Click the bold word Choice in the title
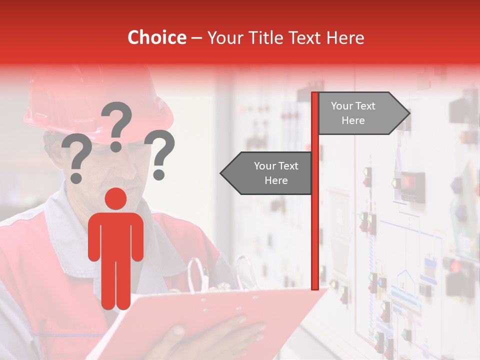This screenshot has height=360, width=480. [156, 37]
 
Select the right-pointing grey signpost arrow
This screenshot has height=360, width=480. [362, 113]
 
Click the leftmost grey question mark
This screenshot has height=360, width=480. [77, 157]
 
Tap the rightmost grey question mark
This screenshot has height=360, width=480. [160, 152]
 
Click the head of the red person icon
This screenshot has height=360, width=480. [116, 198]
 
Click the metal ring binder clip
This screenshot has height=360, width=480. [245, 272]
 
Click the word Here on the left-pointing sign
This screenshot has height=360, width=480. [276, 180]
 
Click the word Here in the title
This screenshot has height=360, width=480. [345, 37]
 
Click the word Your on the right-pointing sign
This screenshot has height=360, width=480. [342, 106]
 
